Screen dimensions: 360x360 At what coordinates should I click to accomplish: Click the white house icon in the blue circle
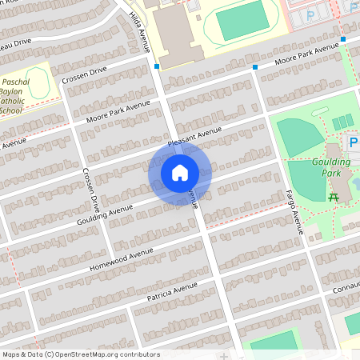click(x=180, y=173)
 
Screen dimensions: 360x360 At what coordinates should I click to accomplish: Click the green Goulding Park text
click(x=335, y=166)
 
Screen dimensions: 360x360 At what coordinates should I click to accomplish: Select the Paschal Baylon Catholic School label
click(x=16, y=96)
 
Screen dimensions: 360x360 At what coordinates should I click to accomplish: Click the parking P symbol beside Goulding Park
click(x=353, y=142)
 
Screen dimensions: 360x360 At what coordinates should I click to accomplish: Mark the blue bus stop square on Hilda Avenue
click(x=158, y=66)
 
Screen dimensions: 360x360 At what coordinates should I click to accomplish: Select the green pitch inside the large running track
click(x=239, y=21)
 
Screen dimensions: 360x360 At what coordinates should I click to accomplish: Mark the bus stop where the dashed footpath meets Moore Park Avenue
click(x=342, y=38)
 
